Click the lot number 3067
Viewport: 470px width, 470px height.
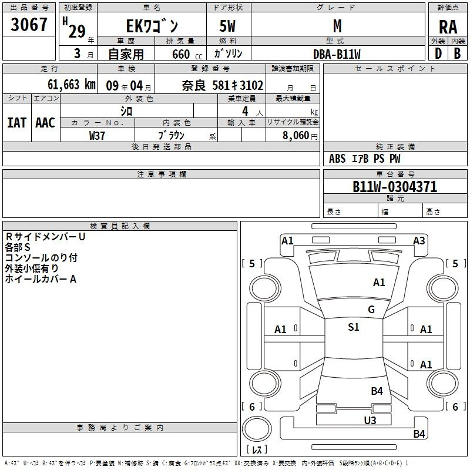tap(29, 25)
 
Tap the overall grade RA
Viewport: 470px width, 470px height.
tap(448, 27)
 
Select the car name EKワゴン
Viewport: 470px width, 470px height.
tap(152, 26)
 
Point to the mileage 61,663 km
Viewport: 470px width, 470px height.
tap(72, 85)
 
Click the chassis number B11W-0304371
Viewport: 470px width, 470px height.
tap(395, 187)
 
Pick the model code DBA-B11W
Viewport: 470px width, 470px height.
tap(337, 54)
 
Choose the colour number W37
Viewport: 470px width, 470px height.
tap(97, 136)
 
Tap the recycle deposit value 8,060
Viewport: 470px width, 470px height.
tap(296, 135)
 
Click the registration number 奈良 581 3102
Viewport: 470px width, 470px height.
tap(223, 85)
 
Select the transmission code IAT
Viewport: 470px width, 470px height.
tap(16, 123)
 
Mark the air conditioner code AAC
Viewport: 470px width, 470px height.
tap(45, 123)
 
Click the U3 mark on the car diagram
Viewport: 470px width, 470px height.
tap(370, 420)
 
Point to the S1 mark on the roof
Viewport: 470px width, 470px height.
tap(354, 327)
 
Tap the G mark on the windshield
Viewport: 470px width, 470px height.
tap(371, 309)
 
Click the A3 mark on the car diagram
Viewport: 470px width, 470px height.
tap(419, 241)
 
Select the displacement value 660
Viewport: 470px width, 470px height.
tap(181, 54)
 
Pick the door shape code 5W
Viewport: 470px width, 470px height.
tap(227, 26)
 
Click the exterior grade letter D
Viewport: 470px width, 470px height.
tap(438, 53)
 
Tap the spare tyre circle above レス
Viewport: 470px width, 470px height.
tap(257, 429)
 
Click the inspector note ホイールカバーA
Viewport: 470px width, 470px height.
tap(41, 279)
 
